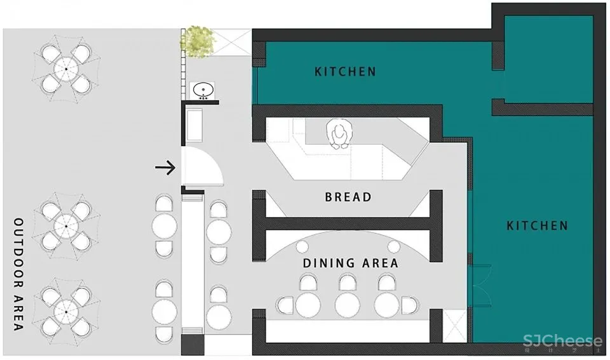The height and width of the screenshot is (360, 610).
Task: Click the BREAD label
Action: click(x=348, y=197)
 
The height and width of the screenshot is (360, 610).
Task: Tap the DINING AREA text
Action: click(x=350, y=263)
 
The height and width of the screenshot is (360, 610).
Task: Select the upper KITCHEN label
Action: click(x=345, y=71)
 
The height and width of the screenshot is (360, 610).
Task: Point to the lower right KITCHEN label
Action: click(x=537, y=225)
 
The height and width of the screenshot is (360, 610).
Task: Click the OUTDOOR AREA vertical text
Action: click(x=18, y=274)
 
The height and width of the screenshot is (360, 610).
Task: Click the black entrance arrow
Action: click(x=165, y=168)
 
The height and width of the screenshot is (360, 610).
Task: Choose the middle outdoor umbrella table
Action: click(x=65, y=225)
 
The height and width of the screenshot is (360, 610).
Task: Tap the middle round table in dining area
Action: click(x=348, y=304)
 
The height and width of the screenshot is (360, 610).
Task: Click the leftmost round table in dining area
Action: click(x=308, y=304)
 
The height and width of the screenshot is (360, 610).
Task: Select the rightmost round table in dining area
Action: click(x=387, y=304)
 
